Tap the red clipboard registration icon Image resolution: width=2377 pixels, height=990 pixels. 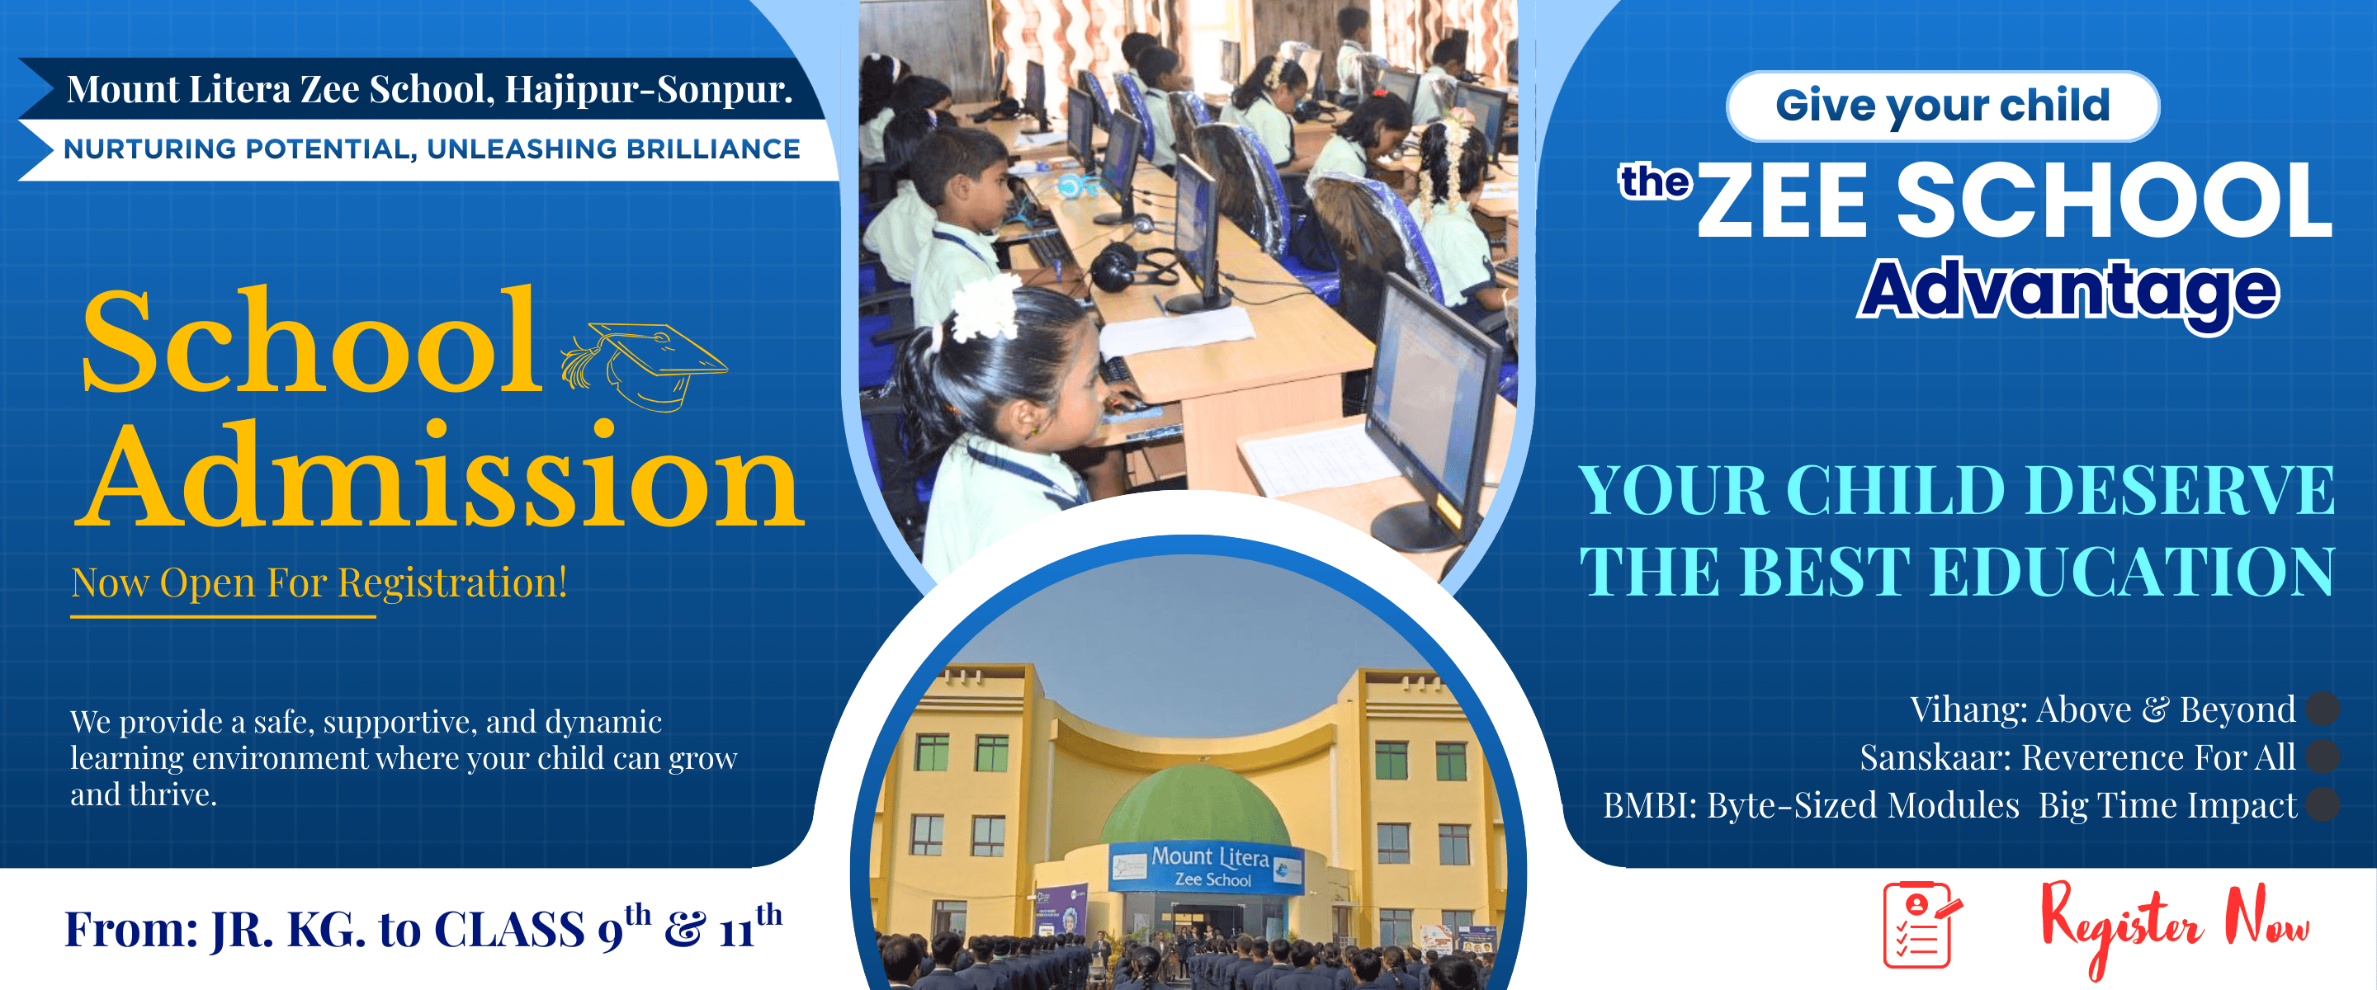tap(1921, 925)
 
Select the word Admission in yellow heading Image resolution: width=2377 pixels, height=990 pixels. tap(439, 477)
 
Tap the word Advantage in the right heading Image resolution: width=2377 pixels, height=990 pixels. tap(2067, 291)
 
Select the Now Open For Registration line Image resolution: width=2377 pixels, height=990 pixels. tap(319, 583)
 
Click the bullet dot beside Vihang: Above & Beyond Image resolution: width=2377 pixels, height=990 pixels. tap(2322, 709)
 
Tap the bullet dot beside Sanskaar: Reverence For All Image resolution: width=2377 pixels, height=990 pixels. tap(2322, 757)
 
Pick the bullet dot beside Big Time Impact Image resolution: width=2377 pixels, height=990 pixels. tap(2322, 804)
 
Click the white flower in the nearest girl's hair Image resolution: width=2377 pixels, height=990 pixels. tap(985, 306)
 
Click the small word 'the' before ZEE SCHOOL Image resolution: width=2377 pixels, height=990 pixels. tap(1656, 181)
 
